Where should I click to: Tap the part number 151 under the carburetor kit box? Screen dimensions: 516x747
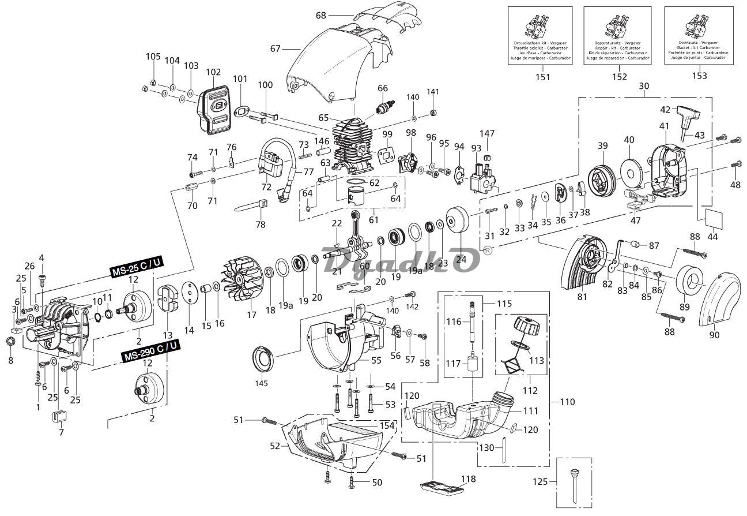[x=542, y=76]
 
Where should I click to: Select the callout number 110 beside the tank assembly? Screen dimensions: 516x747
[x=567, y=401]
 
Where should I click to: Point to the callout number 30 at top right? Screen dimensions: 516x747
[x=644, y=86]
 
